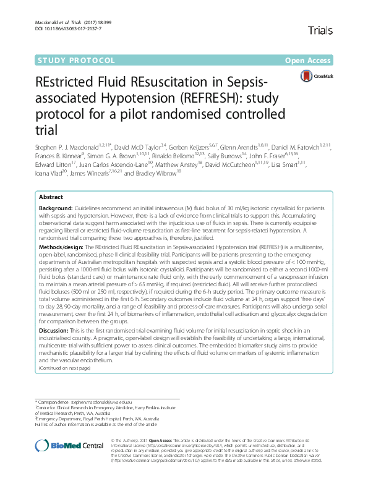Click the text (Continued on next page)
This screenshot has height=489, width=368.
coord(64,368)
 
